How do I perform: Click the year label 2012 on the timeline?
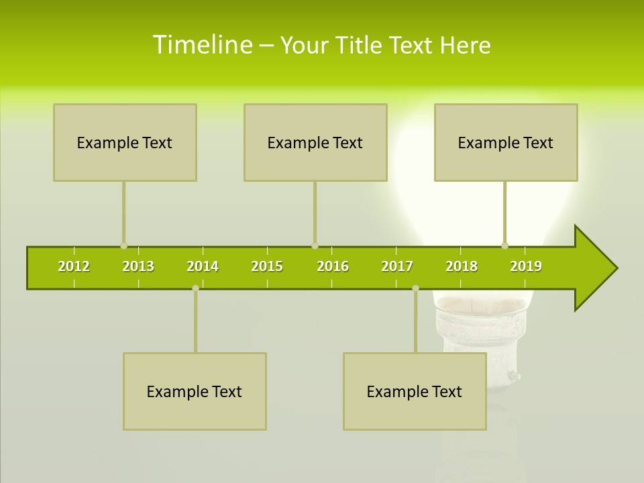(x=74, y=266)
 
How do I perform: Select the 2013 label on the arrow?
(x=138, y=266)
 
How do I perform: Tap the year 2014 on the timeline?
(x=203, y=266)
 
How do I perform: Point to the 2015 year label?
(x=267, y=266)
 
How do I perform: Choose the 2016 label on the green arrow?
(x=333, y=266)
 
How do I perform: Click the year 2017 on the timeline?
(x=397, y=266)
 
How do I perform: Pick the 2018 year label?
(x=462, y=266)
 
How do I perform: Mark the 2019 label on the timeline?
(x=526, y=266)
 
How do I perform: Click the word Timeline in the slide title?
(x=202, y=45)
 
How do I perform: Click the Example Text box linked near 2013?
(x=125, y=142)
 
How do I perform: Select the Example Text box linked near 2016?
(x=315, y=142)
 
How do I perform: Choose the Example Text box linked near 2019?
(x=506, y=142)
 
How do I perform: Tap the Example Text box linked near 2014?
(x=195, y=391)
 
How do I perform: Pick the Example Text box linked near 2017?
(x=415, y=391)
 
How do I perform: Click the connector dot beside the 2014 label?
(x=195, y=288)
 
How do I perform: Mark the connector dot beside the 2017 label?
(x=415, y=288)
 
